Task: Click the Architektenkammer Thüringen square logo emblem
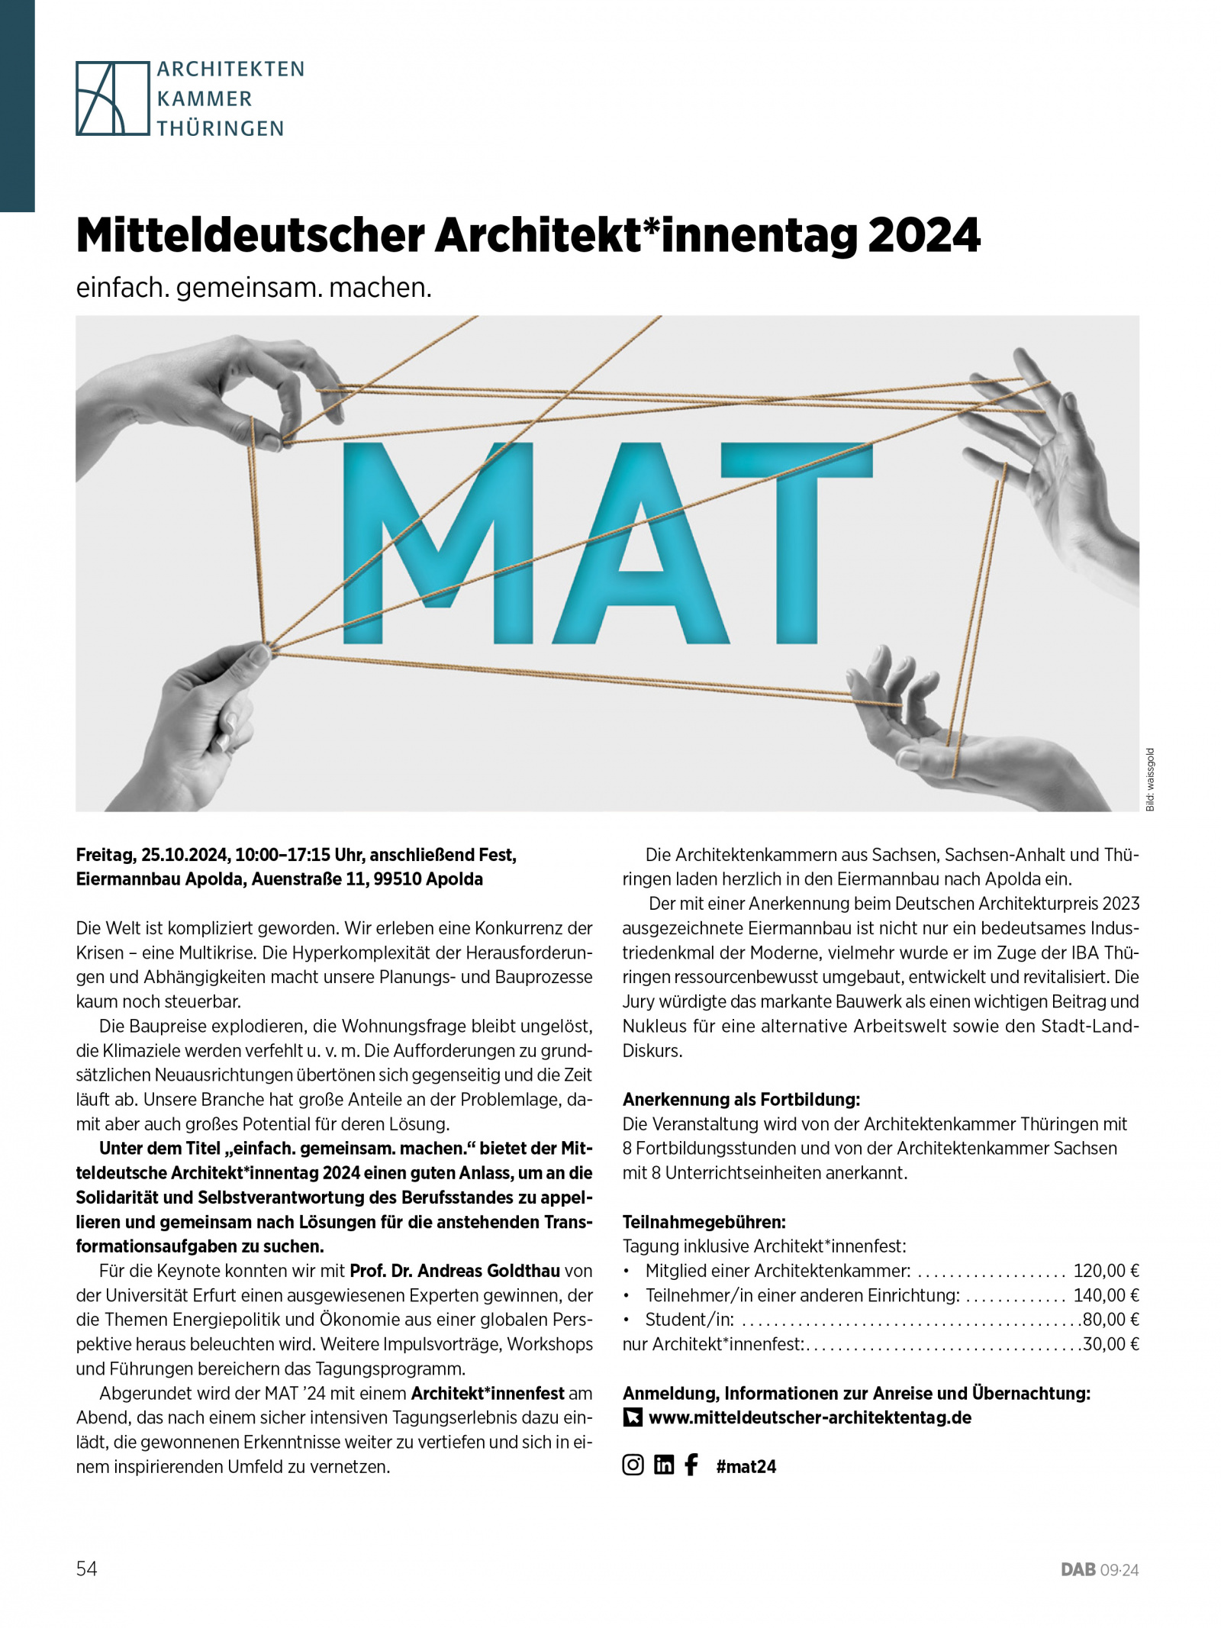tap(112, 98)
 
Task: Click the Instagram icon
tap(633, 1465)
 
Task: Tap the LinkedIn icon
tap(664, 1465)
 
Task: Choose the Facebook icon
tap(691, 1465)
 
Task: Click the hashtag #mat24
tap(746, 1466)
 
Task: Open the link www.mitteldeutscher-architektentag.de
tap(810, 1417)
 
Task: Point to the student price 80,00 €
tap(1110, 1320)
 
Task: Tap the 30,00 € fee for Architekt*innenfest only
tap(1110, 1344)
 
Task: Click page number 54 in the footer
tap(87, 1568)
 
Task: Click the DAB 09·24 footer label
tap(1099, 1570)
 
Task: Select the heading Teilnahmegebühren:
tap(704, 1222)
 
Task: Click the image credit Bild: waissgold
tap(1150, 779)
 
